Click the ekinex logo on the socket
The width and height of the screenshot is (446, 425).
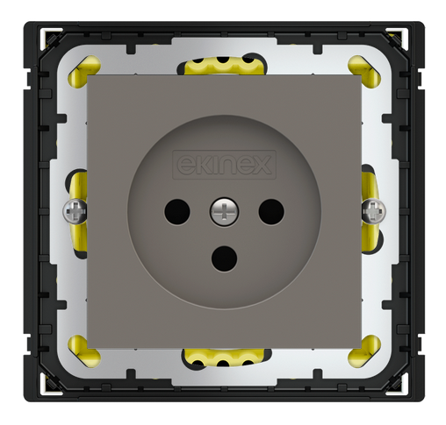tap(224, 165)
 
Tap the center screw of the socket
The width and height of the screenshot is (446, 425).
tap(224, 211)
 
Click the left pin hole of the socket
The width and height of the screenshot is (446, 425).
tap(177, 212)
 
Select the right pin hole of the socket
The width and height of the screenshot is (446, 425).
tap(271, 212)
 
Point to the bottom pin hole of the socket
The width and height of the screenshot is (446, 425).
tap(225, 259)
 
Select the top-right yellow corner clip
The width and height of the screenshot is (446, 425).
tap(364, 69)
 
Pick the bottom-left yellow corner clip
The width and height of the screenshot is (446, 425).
tap(84, 351)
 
